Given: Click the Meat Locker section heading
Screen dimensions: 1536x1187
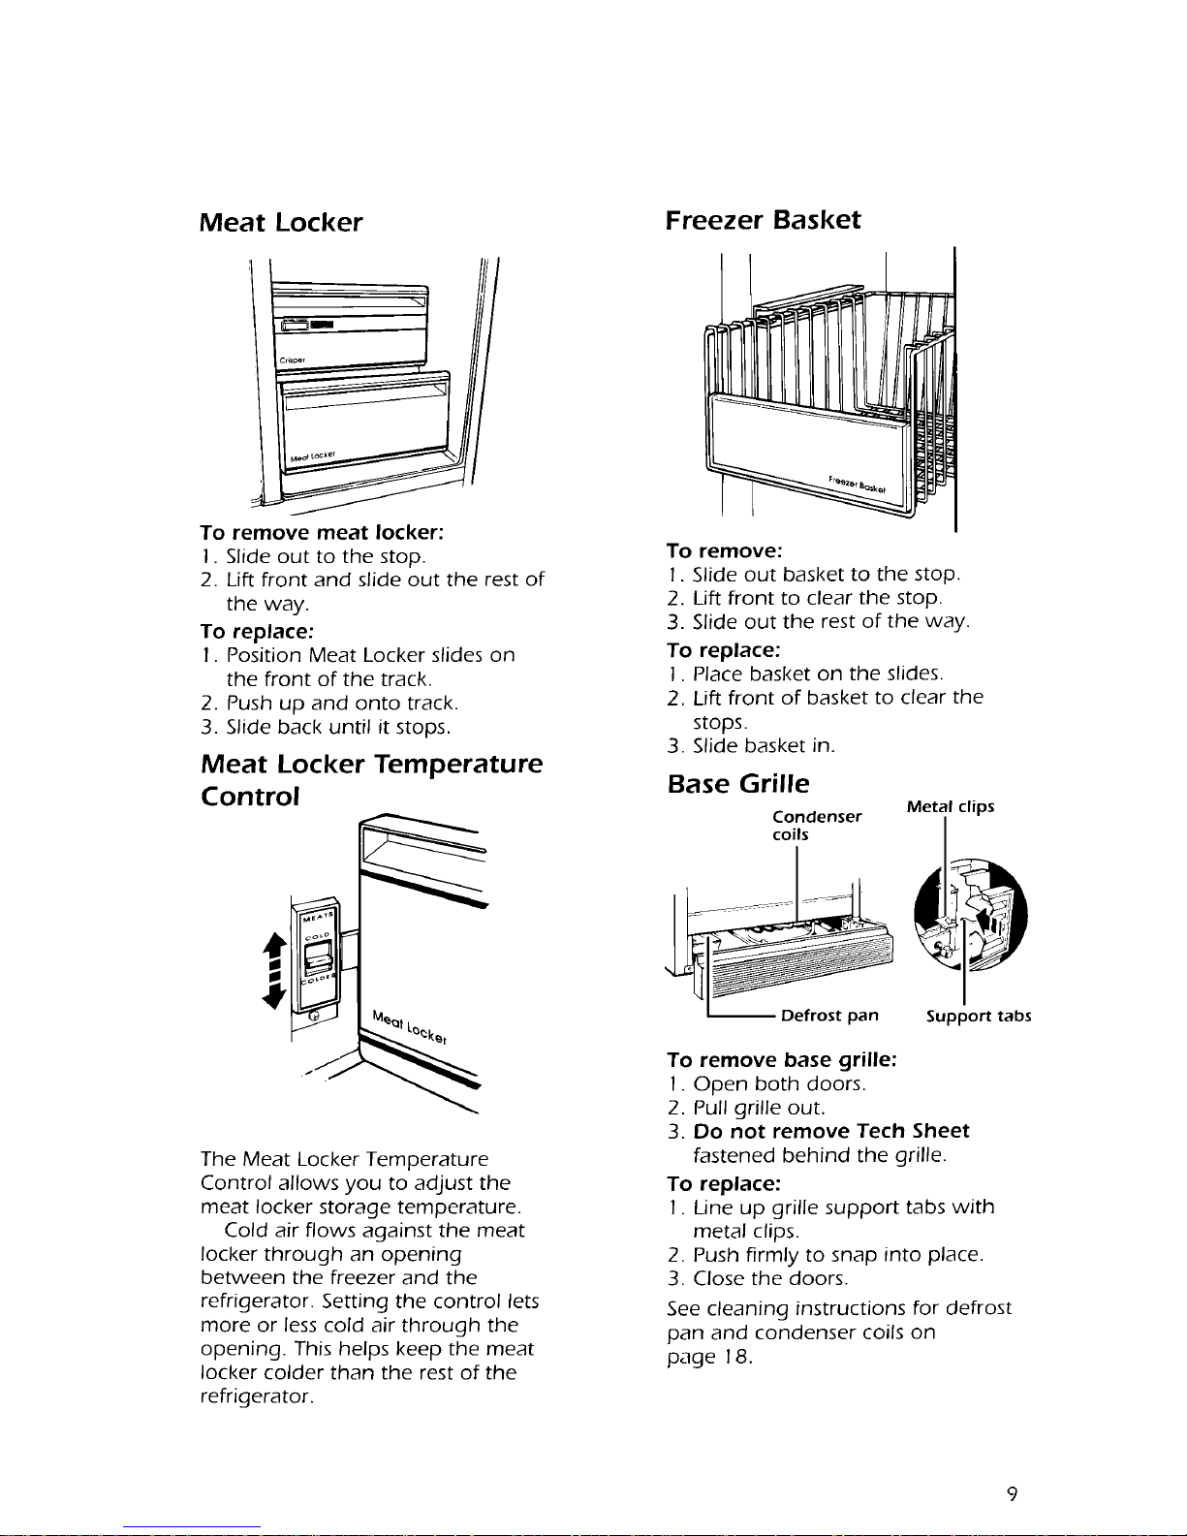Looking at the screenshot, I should [x=281, y=223].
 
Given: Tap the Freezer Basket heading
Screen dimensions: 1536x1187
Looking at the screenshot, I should [x=763, y=220].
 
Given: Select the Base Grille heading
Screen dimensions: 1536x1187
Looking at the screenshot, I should [x=738, y=783].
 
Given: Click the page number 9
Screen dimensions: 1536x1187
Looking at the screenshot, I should [x=1011, y=1494].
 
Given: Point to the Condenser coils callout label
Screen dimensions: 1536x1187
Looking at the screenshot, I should [x=816, y=825].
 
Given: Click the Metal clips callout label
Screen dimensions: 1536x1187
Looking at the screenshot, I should [x=951, y=807].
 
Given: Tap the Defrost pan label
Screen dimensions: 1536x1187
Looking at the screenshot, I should [x=829, y=1016].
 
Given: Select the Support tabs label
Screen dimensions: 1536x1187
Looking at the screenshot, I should [x=979, y=1017].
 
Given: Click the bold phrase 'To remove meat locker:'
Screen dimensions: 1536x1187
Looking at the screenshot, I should [x=322, y=532].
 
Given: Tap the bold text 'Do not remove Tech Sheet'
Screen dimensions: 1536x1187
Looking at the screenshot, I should [x=831, y=1131].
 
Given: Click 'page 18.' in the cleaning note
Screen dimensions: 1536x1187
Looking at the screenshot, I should [x=710, y=1356].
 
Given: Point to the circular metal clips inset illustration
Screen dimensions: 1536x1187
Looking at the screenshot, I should [x=970, y=915].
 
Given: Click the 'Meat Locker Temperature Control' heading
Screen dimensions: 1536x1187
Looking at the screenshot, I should [x=371, y=780].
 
